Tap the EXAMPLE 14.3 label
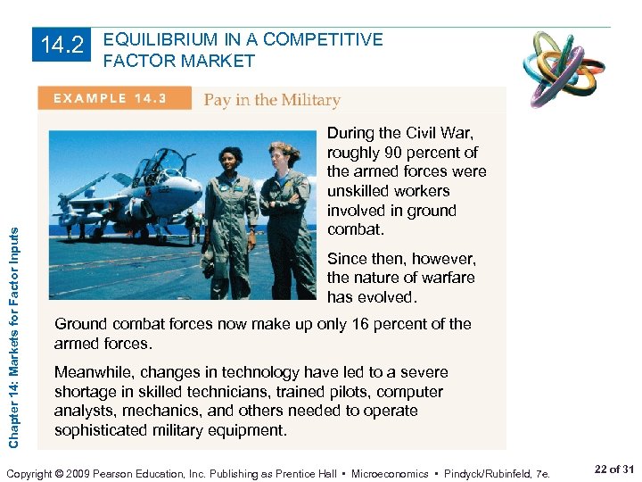click(x=113, y=98)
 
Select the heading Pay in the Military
click(x=272, y=99)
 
